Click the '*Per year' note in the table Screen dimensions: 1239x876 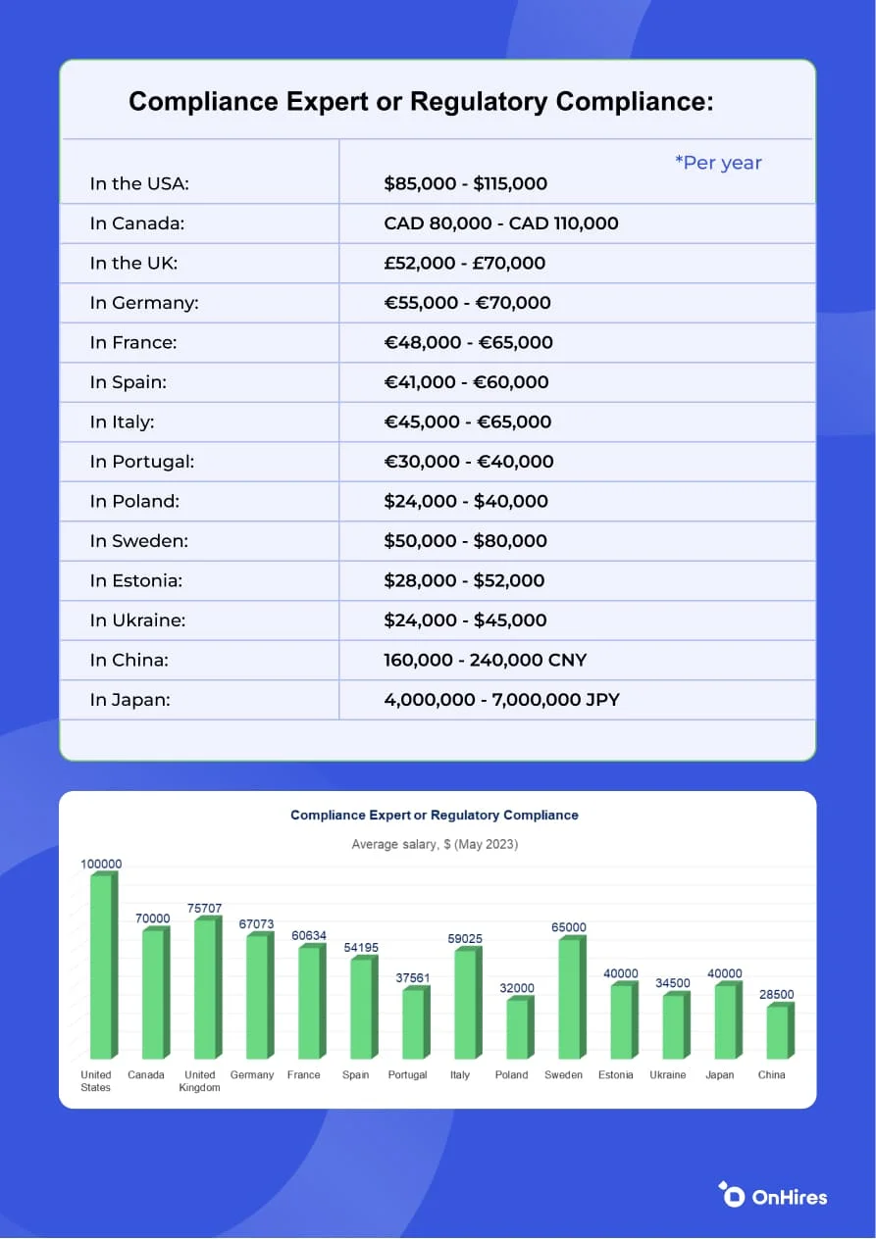[x=718, y=163]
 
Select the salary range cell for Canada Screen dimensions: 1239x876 [x=501, y=223]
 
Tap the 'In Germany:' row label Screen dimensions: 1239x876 [x=144, y=303]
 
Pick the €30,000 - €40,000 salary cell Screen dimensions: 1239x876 [x=469, y=462]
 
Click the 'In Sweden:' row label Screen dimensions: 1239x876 [x=139, y=541]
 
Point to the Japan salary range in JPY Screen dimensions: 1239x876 [x=501, y=700]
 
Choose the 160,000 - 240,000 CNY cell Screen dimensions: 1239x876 [x=485, y=660]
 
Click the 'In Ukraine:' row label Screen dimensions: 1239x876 [x=137, y=620]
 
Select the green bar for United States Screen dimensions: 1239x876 [x=102, y=966]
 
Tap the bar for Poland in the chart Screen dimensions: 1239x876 [x=517, y=1028]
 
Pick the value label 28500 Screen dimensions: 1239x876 [x=776, y=994]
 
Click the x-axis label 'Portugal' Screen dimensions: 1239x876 [x=408, y=1075]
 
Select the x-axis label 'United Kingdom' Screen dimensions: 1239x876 [x=200, y=1081]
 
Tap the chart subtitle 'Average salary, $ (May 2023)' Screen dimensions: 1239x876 [x=435, y=844]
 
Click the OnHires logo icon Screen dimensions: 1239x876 [x=731, y=1194]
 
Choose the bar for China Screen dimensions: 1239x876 [x=777, y=1032]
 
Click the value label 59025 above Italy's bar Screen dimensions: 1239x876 [x=465, y=939]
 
